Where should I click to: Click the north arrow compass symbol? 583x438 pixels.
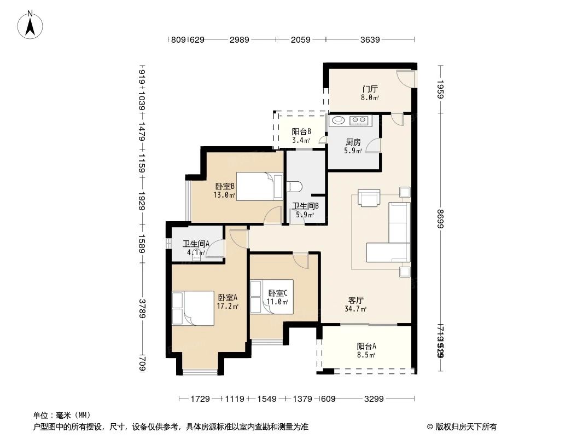click(31, 24)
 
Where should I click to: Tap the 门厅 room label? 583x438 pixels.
click(370, 89)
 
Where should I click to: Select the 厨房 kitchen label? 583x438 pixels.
click(353, 142)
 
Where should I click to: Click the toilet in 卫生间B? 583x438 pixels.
click(294, 186)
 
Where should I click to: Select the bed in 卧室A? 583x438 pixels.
click(193, 308)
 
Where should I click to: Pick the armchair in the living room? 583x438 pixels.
click(369, 197)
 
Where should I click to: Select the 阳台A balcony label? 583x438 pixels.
click(366, 346)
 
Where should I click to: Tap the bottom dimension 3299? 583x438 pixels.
click(374, 399)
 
